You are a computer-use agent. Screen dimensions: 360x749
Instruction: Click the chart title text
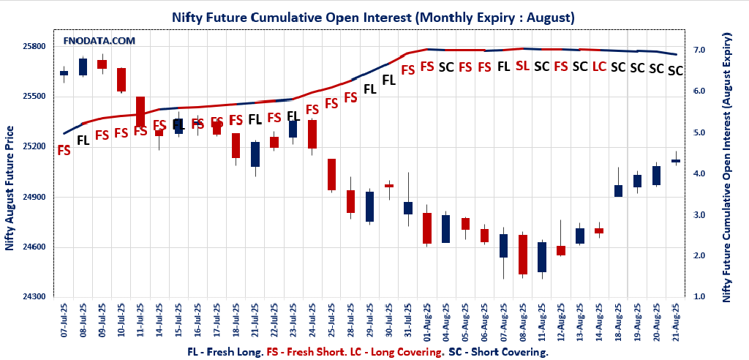click(x=373, y=16)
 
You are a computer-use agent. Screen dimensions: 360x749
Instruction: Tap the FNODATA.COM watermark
click(x=99, y=41)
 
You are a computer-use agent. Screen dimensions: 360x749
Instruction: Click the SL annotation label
click(x=522, y=66)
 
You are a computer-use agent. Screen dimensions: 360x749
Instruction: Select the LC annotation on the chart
click(x=598, y=67)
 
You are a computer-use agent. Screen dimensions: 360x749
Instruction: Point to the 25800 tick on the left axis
click(x=34, y=46)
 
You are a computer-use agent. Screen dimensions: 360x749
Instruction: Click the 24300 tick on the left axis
click(x=34, y=296)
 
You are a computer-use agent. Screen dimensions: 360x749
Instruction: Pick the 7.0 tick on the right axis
click(x=699, y=50)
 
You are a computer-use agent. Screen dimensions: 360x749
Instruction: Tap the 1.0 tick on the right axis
click(x=699, y=296)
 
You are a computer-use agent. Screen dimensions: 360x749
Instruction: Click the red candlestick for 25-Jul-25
click(x=331, y=174)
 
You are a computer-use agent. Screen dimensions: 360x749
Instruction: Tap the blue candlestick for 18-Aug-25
click(x=618, y=191)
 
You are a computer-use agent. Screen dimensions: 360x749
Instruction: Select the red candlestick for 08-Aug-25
click(x=523, y=255)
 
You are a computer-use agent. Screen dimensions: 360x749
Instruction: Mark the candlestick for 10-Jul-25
click(x=121, y=80)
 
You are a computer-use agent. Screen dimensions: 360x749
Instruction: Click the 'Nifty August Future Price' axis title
click(x=10, y=188)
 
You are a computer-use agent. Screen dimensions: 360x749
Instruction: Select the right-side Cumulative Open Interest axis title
click(x=727, y=167)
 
